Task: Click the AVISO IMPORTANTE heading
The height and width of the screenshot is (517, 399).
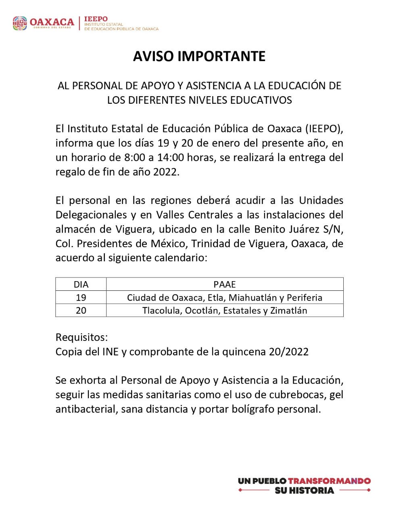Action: coord(199,57)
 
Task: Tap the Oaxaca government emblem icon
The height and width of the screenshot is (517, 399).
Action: coord(20,23)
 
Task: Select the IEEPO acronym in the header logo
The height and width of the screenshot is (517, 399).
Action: coord(96,19)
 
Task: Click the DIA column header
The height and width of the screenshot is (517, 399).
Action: coord(81,284)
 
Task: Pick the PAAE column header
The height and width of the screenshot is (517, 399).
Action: coord(224,284)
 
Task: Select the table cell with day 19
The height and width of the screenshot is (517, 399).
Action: coord(81,298)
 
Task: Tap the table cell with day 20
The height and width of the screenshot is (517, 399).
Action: coord(81,311)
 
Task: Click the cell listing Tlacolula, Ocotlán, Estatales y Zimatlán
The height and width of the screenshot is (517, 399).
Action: coord(224,311)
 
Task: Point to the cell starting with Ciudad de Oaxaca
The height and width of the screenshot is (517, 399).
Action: coord(224,298)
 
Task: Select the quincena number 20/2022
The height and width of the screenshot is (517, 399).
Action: coord(288,352)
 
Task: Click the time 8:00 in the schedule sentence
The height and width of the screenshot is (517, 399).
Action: coord(134,158)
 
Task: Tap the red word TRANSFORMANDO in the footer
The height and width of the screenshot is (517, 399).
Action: coord(329,481)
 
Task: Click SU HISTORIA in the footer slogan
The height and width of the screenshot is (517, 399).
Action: coord(304,491)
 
